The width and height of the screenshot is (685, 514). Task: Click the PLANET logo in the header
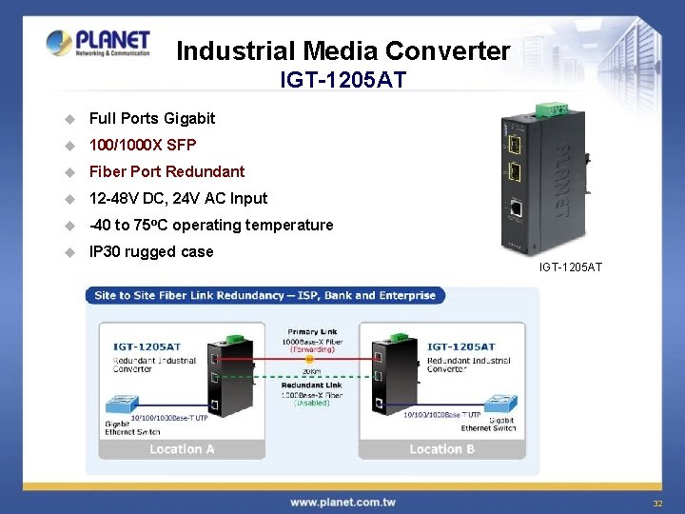coord(99,43)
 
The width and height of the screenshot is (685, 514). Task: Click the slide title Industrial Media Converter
coord(342,50)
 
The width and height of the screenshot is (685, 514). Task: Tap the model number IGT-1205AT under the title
coord(342,80)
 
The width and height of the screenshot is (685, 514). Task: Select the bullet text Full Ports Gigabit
coord(152,118)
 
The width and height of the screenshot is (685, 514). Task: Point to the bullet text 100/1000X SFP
coord(143,145)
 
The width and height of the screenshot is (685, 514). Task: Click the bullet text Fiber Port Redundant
coord(166,171)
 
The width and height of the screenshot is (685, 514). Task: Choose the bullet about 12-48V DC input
coord(178,198)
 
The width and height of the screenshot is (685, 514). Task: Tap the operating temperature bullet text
coord(211,225)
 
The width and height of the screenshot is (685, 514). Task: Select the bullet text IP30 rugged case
coord(151,251)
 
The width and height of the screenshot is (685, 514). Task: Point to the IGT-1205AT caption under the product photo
coord(571,267)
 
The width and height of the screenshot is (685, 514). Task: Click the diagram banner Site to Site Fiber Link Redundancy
coord(265,295)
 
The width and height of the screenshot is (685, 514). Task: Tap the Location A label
coord(182,448)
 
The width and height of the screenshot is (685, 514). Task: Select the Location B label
coord(441,448)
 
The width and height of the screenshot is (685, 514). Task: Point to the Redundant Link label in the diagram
coord(312,385)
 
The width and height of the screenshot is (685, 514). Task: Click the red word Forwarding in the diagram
coord(312,349)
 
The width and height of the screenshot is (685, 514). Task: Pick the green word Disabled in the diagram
coord(312,402)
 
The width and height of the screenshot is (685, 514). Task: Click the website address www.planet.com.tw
coord(343,502)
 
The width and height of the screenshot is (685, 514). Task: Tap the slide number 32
coord(656,503)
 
